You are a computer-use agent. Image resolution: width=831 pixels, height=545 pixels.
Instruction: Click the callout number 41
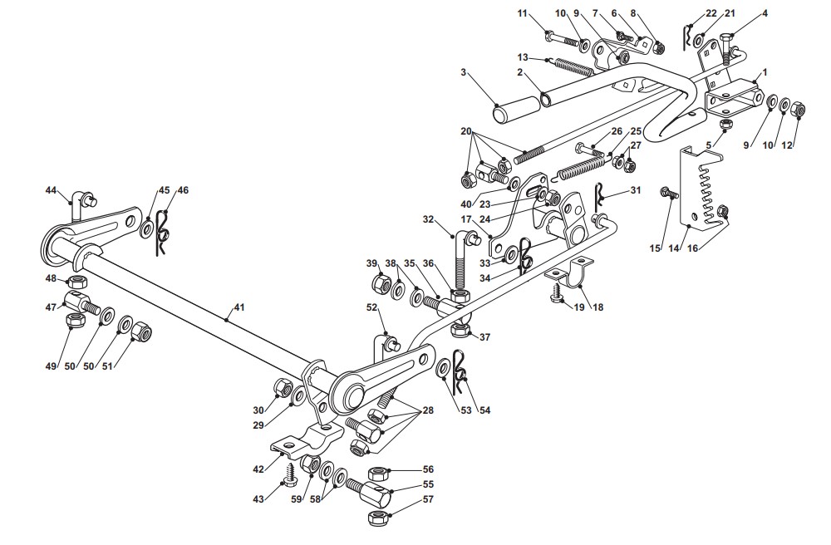point(239,307)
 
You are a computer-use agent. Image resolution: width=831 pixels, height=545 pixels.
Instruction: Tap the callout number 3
point(464,72)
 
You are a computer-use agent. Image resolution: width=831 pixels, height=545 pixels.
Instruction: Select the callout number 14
point(674,248)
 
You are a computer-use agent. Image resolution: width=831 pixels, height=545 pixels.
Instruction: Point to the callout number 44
point(51,189)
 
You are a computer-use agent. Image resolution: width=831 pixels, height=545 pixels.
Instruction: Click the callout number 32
point(428,218)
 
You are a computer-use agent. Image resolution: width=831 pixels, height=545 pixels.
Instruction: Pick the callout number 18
point(597,307)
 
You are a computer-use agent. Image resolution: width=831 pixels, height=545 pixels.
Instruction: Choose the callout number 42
point(258,469)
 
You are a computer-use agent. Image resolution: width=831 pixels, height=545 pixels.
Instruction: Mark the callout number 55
point(428,484)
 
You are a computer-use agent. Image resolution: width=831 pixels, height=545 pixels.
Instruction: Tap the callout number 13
point(523,57)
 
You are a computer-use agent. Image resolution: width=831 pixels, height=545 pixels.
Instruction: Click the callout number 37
point(484,336)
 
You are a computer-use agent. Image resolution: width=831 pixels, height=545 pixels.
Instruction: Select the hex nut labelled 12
point(798,110)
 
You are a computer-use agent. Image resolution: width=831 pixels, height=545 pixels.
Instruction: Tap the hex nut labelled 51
point(141,332)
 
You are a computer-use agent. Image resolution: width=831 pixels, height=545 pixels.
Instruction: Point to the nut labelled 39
point(381,281)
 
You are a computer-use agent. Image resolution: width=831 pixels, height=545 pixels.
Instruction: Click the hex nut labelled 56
point(378,471)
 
